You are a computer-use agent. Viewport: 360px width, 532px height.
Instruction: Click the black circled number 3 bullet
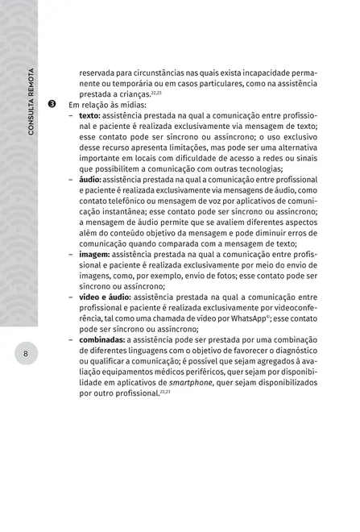click(52, 105)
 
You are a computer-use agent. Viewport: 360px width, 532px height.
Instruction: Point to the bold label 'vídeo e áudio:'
click(106, 297)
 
